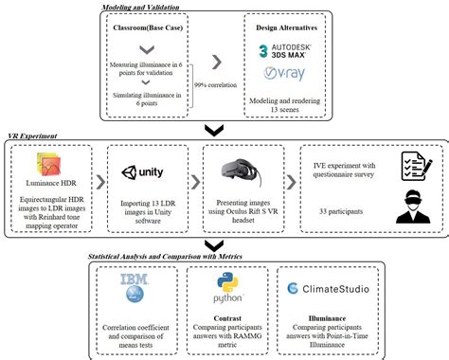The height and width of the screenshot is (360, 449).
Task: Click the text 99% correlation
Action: coord(218,83)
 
